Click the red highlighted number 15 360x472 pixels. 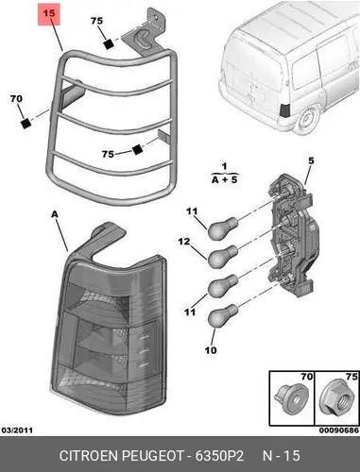(x=49, y=14)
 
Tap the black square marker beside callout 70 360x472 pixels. (x=26, y=123)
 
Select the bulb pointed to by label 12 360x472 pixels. (x=222, y=256)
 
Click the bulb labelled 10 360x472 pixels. (x=222, y=315)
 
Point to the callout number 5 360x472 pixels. (x=311, y=160)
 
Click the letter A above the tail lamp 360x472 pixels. (x=55, y=214)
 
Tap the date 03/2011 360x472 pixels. (x=17, y=430)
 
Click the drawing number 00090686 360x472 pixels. (x=338, y=430)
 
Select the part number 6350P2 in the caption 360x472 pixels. (x=219, y=456)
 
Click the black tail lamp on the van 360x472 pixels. (x=285, y=110)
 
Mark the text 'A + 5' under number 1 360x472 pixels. (x=225, y=180)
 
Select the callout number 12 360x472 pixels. (x=184, y=242)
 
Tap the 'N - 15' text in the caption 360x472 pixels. (x=282, y=456)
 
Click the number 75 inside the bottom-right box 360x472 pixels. (x=351, y=377)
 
